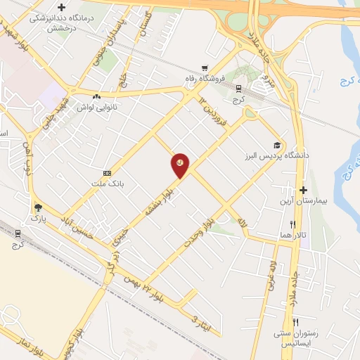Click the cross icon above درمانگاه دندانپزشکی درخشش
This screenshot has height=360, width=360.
tap(62, 7)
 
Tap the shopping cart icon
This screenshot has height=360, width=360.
tap(205, 68)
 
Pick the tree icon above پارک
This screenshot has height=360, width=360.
tap(37, 207)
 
